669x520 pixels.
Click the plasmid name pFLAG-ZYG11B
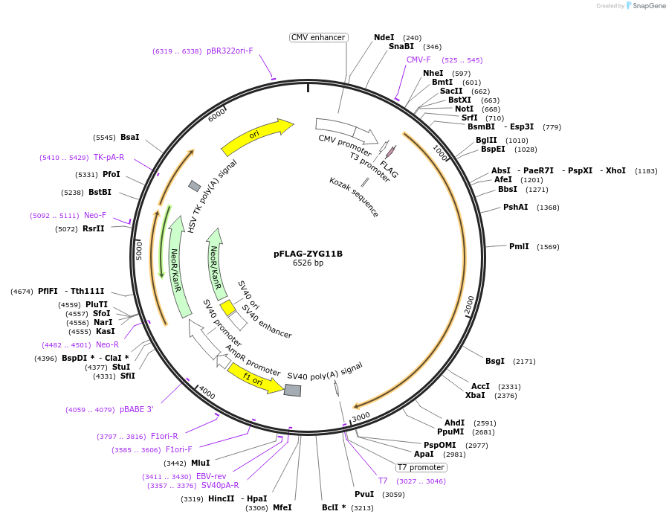point(308,253)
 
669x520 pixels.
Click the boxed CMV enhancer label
point(318,37)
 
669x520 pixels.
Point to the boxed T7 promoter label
point(421,467)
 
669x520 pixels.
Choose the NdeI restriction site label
point(384,37)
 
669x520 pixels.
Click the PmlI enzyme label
point(519,246)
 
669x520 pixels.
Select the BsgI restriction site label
point(495,361)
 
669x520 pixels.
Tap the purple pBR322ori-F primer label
point(230,51)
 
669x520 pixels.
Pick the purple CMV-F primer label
point(418,60)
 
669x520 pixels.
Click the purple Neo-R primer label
point(107,344)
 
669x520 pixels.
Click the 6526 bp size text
point(308,263)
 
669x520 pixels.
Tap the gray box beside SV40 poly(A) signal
point(293,390)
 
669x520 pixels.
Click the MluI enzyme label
point(201,463)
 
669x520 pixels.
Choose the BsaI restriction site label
point(130,137)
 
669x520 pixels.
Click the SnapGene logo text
point(650,6)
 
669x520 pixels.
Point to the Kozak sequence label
point(355,196)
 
